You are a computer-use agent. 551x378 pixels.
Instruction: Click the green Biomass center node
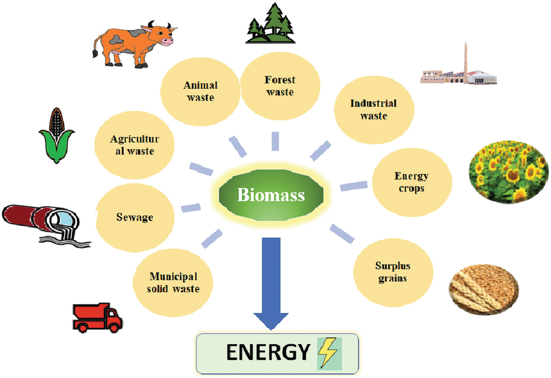(x=271, y=195)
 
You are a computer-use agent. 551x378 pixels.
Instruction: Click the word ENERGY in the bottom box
(x=268, y=352)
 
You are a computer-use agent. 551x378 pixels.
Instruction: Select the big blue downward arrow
(x=271, y=283)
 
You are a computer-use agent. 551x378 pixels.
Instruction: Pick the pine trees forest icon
(x=271, y=23)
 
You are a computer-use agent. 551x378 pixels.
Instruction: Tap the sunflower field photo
(x=509, y=172)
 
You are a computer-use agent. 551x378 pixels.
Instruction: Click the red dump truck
(x=97, y=318)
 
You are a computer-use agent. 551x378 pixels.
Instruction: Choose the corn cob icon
(x=57, y=135)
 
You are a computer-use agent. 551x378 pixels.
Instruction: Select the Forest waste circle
(x=280, y=86)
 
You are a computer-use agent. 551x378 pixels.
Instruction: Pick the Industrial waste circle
(x=374, y=110)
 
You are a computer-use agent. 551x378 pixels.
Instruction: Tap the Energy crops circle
(x=412, y=182)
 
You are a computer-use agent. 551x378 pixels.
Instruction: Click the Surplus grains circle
(x=393, y=272)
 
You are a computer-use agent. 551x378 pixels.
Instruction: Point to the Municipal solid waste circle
(x=173, y=283)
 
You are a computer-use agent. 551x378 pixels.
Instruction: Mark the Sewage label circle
(x=135, y=218)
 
